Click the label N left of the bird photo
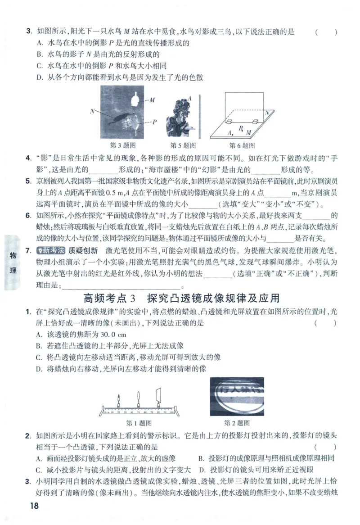(92, 110)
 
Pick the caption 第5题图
(183, 145)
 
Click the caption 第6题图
(242, 145)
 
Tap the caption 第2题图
(237, 423)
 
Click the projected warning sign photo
(237, 396)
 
